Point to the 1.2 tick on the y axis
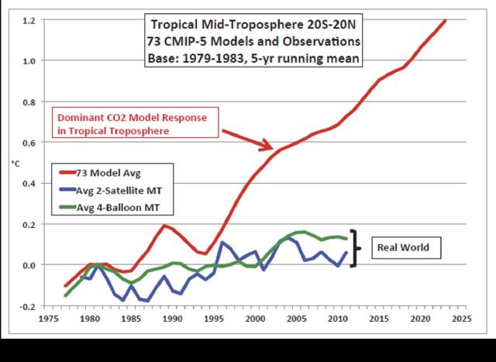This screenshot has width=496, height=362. click(x=29, y=19)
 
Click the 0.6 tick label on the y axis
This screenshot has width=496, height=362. click(x=29, y=142)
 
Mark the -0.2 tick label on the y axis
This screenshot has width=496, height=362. click(x=28, y=305)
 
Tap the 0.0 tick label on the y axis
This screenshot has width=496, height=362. click(x=29, y=265)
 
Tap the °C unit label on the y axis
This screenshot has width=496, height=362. click(x=15, y=164)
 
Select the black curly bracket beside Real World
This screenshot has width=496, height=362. click(x=356, y=248)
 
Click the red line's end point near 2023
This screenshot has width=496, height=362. click(x=446, y=20)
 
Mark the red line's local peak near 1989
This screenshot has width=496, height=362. click(x=164, y=226)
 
